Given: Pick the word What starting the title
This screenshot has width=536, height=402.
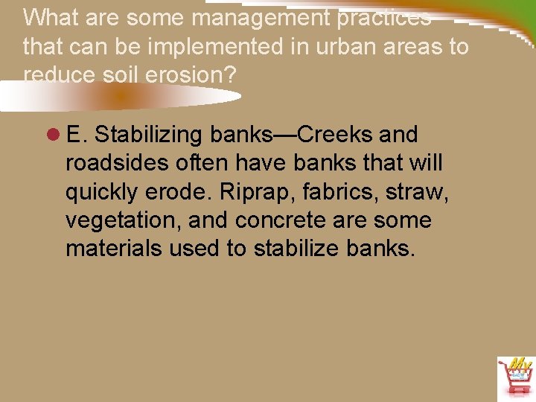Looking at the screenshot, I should coord(50,16).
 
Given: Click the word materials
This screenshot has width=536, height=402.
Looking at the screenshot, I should coord(113,249).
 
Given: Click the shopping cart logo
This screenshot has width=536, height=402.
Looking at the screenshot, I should coord(514,377).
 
